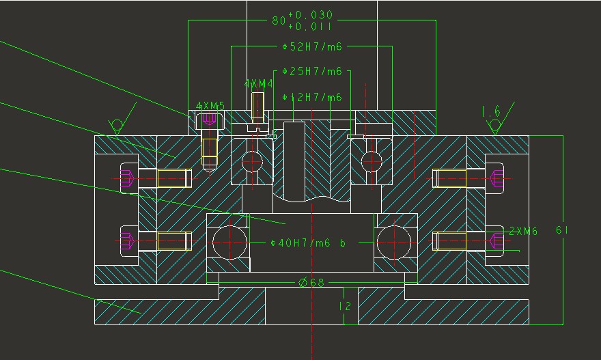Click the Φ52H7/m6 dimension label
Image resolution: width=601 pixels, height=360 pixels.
(x=311, y=46)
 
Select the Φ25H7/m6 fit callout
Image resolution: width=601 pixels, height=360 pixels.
(x=311, y=72)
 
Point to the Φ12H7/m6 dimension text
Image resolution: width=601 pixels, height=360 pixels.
(x=311, y=98)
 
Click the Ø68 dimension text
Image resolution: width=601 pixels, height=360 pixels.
(x=311, y=282)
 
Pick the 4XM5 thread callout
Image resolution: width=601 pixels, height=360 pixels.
(x=210, y=106)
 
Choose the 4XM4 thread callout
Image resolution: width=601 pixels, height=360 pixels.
(x=258, y=83)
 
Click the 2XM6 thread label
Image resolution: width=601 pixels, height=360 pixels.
(x=523, y=232)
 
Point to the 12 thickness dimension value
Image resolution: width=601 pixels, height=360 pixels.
(x=345, y=307)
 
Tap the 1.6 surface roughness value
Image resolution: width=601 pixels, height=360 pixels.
(x=491, y=111)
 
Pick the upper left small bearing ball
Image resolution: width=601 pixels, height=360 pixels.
(x=251, y=161)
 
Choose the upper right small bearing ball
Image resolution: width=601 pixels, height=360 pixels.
(x=371, y=161)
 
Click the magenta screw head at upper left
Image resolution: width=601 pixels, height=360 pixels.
(x=126, y=178)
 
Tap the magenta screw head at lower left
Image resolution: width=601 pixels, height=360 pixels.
(x=126, y=241)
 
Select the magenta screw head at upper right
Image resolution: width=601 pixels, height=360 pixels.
(x=497, y=178)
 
